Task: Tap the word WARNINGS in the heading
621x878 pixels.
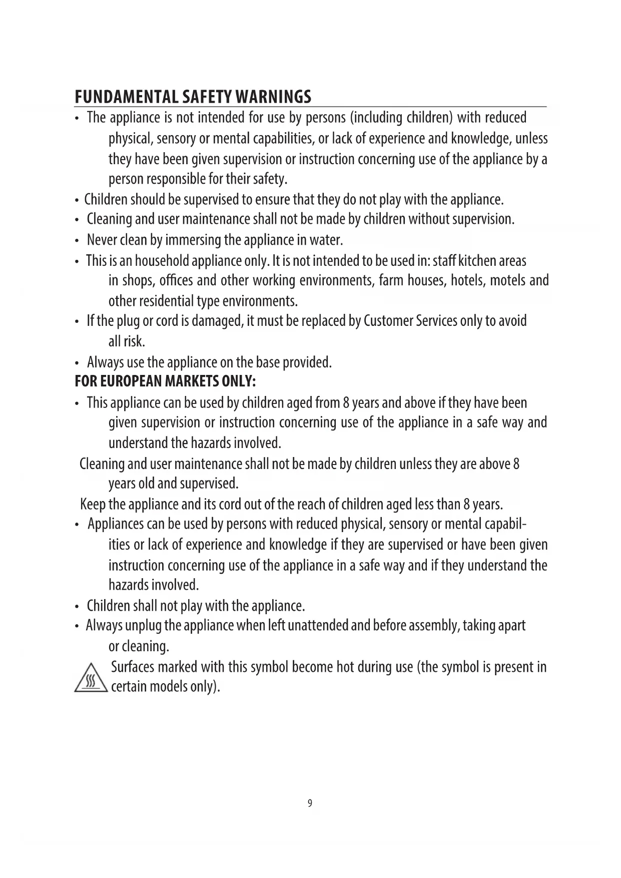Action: [x=272, y=96]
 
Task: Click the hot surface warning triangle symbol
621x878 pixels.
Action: [x=90, y=679]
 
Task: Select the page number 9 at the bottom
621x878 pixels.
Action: [x=310, y=803]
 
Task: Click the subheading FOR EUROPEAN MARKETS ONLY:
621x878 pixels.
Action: [x=165, y=381]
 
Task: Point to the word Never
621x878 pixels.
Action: [x=102, y=240]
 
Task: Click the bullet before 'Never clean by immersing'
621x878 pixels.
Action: [x=76, y=241]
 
